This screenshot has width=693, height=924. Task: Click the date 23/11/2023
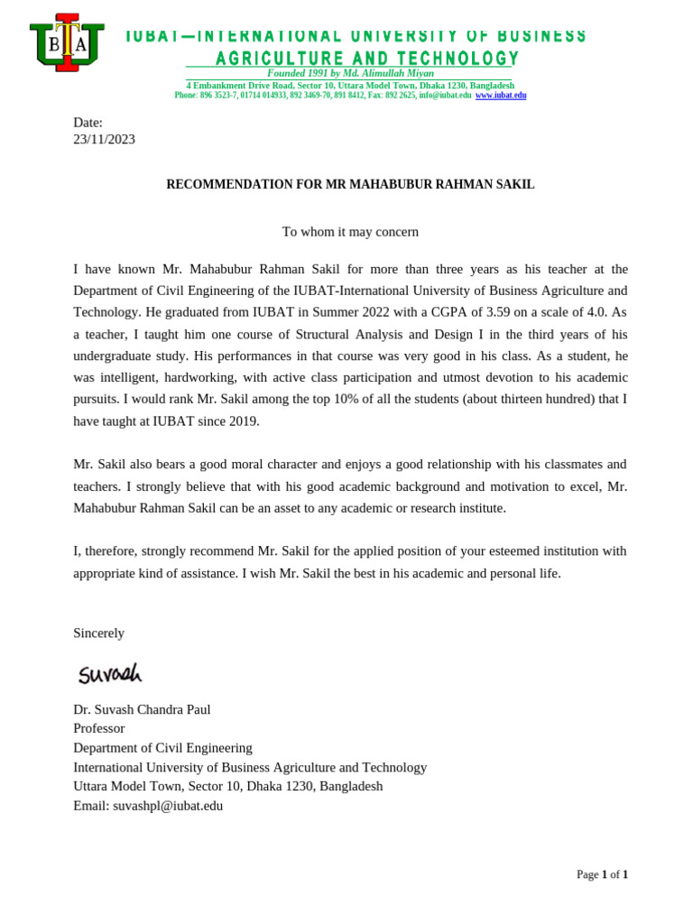click(104, 139)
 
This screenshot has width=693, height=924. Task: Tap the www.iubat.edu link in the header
click(501, 96)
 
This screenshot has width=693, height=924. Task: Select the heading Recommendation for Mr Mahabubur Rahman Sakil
click(350, 184)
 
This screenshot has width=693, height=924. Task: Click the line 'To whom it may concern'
click(350, 232)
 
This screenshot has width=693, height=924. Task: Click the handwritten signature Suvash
click(109, 673)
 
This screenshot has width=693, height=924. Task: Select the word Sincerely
click(98, 633)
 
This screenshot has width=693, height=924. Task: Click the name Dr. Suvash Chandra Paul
click(142, 709)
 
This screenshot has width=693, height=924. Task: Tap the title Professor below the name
click(98, 728)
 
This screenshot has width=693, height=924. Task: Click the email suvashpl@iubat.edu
click(168, 806)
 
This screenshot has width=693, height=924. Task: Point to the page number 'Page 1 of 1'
click(602, 874)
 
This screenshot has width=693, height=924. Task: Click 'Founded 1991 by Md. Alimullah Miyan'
click(350, 73)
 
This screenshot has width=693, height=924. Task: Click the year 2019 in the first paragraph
click(244, 420)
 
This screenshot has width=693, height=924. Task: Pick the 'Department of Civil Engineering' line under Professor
click(162, 748)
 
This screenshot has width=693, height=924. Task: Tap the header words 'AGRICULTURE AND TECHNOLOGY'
click(366, 59)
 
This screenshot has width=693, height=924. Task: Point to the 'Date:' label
click(88, 123)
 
